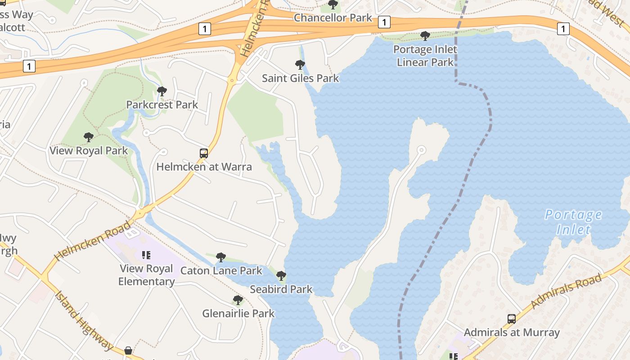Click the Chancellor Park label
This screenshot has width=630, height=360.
333,18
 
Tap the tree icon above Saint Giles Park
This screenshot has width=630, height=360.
300,65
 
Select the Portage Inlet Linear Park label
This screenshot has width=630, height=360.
425,56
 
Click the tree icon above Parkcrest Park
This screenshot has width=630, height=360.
162,91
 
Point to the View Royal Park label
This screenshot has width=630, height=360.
89,151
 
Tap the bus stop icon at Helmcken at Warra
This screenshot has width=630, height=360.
204,153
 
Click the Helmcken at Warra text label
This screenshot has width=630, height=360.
204,167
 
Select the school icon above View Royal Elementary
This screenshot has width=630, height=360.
146,255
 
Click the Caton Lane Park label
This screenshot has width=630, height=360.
221,271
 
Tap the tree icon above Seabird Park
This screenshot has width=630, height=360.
281,275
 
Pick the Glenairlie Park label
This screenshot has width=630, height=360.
238,314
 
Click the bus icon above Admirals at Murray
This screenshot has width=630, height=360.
512,319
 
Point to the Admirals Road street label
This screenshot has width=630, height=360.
566,291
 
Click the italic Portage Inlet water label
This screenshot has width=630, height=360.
573,222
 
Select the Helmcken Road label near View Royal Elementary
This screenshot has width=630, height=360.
93,240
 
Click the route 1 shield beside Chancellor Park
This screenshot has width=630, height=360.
384,22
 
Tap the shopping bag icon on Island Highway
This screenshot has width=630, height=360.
128,350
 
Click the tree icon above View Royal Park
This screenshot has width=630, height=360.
89,137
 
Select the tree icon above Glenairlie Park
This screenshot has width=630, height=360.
238,300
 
